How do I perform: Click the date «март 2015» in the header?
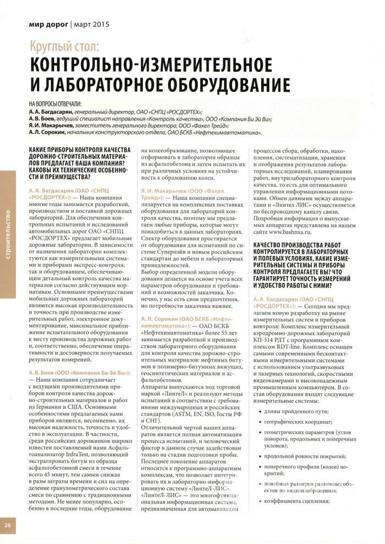click(90, 25)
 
